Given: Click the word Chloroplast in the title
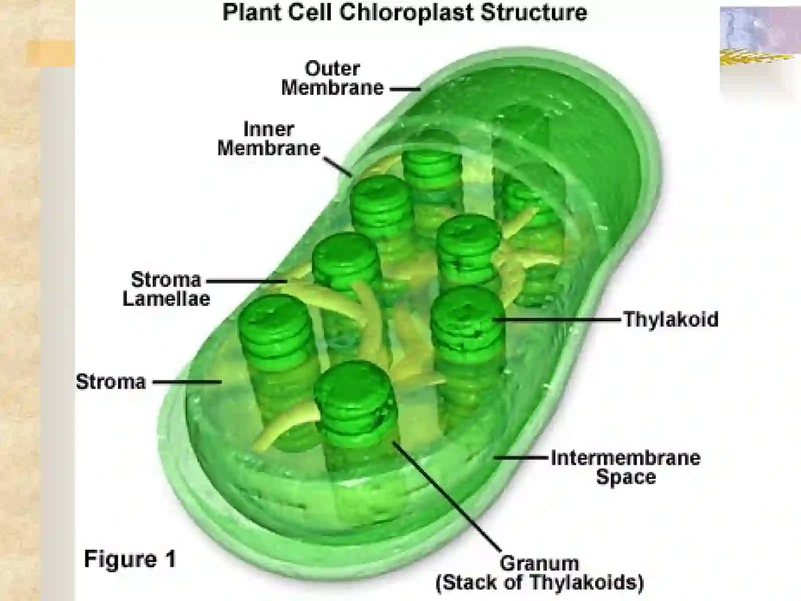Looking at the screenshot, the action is click(407, 13).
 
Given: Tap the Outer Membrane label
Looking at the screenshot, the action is click(332, 78).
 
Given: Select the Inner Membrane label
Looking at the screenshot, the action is click(269, 139).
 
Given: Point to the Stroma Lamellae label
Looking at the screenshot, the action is click(166, 289).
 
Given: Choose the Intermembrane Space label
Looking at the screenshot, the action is click(626, 467).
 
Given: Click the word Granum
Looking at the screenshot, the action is click(539, 563).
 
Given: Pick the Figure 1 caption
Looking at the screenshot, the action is click(130, 558).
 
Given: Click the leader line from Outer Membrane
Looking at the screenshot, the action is click(405, 88).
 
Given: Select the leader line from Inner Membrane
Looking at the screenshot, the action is click(338, 167).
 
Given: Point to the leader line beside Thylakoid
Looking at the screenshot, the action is click(557, 320).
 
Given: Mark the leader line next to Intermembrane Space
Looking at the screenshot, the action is click(521, 457).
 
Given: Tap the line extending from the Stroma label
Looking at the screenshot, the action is click(187, 382).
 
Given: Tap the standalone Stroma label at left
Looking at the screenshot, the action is click(111, 382).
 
